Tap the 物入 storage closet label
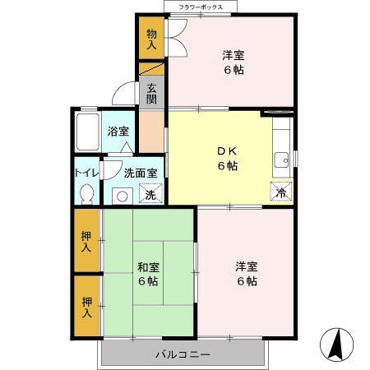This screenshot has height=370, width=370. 151,39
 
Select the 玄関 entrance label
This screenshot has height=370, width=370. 151,94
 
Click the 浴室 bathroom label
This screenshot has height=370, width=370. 118,131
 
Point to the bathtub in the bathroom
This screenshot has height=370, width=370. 87,131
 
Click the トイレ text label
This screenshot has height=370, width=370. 86,173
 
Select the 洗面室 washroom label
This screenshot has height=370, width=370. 141,173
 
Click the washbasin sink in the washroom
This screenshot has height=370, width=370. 122,196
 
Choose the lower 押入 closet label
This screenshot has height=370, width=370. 86,306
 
